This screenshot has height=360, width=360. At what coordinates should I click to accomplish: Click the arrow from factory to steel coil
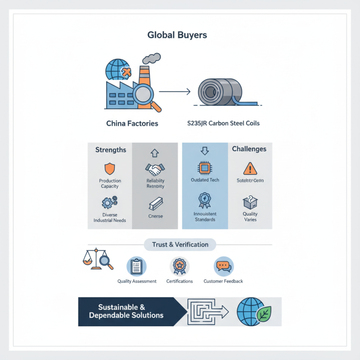coord(175,93)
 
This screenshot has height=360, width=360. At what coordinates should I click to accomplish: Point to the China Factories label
coord(132,123)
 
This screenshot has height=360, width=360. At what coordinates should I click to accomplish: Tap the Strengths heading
coord(111,149)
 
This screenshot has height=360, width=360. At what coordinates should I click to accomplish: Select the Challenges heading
coord(249,149)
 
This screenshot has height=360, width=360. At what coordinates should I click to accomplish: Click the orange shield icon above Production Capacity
coord(110,169)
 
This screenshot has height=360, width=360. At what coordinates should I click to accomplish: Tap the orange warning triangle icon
coord(249,169)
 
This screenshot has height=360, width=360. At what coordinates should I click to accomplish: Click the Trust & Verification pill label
coord(180,245)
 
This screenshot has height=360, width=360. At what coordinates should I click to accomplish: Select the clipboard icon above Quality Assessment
coord(136,266)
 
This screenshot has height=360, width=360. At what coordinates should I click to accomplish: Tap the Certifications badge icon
coord(179,266)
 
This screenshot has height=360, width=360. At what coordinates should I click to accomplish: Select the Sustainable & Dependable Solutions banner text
coord(126,311)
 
